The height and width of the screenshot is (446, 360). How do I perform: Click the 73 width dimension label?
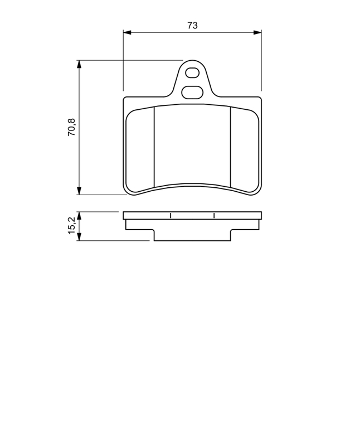tap(192, 25)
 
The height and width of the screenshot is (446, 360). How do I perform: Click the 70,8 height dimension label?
tap(71, 127)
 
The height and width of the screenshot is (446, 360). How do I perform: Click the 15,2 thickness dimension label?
tap(71, 225)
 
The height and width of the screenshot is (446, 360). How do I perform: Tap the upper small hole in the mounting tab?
tap(192, 73)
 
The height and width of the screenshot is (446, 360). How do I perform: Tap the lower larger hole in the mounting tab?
tap(192, 92)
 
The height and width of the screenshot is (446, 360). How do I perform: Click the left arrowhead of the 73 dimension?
tap(127, 32)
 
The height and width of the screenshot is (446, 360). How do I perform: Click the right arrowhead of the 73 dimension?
tap(257, 32)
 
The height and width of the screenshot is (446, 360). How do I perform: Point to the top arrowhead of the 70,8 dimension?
tap(79, 64)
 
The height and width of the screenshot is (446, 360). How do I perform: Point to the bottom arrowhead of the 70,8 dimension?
tap(79, 191)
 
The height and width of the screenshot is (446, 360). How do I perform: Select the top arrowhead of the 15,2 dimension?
tap(79, 215)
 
